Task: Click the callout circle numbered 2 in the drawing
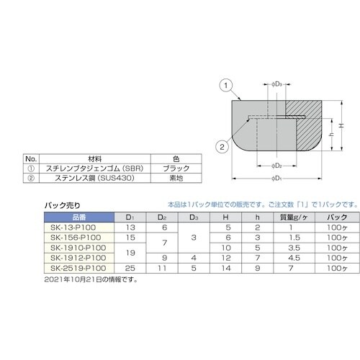[x=224, y=148]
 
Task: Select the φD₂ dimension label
[x=281, y=164]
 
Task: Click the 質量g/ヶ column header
[x=294, y=217]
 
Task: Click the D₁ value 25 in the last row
[x=130, y=268]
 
